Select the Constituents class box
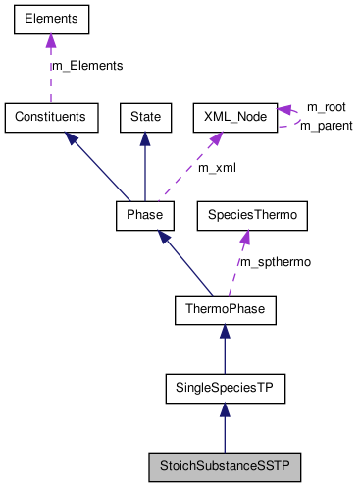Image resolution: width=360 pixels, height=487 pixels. pos(51,117)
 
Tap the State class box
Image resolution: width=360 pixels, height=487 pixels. pos(145,117)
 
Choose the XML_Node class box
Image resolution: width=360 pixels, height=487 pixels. pos(232,117)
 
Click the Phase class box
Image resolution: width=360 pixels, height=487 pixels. pos(145,214)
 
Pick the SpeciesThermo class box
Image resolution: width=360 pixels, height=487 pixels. pos(247,214)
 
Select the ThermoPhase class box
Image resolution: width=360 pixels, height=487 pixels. pos(225,311)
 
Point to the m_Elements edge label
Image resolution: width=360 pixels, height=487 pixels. pos(87,66)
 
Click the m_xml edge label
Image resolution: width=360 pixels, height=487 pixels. pos(218,168)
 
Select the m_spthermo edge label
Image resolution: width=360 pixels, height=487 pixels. pos(276,262)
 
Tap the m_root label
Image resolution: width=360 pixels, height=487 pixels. pos(326,105)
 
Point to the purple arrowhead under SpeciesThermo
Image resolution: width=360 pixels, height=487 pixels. pos(245,237)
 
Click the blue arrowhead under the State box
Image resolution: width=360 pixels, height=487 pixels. pos(145,139)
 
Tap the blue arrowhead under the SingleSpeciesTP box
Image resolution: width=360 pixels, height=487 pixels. pos(225,412)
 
